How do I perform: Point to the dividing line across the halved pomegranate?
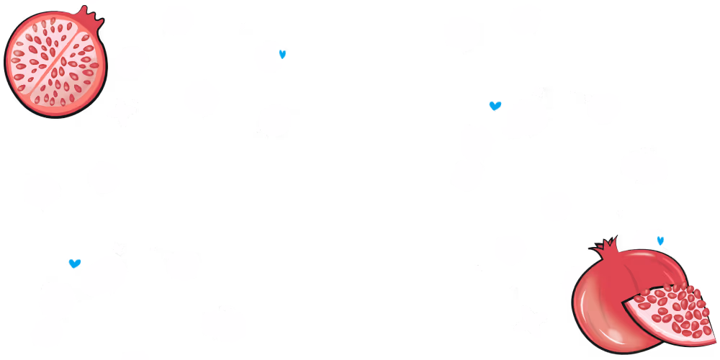[55, 63]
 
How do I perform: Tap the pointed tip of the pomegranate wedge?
[627, 303]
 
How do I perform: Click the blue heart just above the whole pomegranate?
[660, 240]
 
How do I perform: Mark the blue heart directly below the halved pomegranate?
[74, 264]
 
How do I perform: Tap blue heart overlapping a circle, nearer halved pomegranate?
[282, 53]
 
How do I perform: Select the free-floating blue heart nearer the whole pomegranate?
[495, 106]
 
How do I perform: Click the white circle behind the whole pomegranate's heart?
[646, 242]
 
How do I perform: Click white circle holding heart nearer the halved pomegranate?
[269, 57]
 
